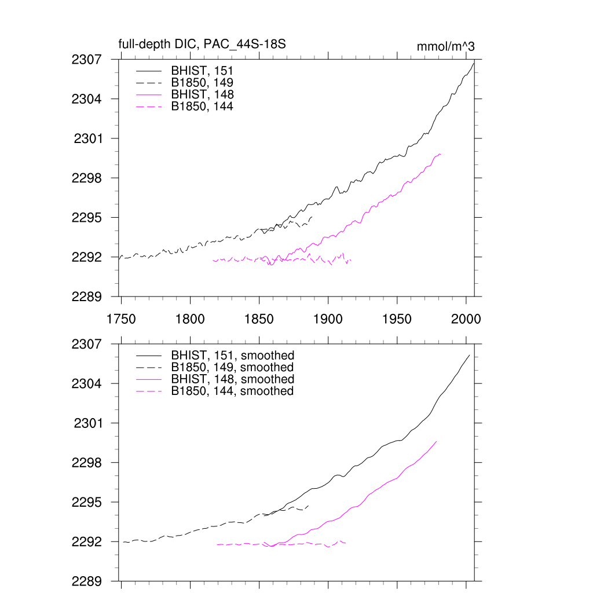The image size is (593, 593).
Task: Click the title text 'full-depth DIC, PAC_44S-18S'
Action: click(202, 44)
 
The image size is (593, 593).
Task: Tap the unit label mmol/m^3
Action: click(445, 46)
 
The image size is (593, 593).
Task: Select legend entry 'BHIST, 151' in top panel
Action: click(202, 71)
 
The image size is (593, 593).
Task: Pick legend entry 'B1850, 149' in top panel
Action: click(202, 82)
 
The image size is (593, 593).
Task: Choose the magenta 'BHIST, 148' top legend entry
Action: click(202, 94)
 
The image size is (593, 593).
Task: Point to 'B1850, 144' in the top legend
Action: click(202, 106)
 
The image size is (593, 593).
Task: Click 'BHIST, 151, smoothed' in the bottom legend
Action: click(232, 355)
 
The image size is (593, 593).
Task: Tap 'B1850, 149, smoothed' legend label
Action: click(232, 367)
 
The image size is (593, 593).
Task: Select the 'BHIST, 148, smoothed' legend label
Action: click(232, 379)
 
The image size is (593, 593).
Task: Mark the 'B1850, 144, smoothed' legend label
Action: click(232, 391)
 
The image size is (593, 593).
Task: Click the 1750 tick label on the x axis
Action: click(121, 319)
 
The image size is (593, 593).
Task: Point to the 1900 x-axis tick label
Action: click(328, 319)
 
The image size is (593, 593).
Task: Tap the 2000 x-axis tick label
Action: click(467, 319)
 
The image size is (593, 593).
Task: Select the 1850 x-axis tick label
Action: click(259, 319)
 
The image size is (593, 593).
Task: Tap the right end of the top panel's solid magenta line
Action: click(441, 154)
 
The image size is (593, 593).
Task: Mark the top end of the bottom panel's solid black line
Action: click(469, 355)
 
